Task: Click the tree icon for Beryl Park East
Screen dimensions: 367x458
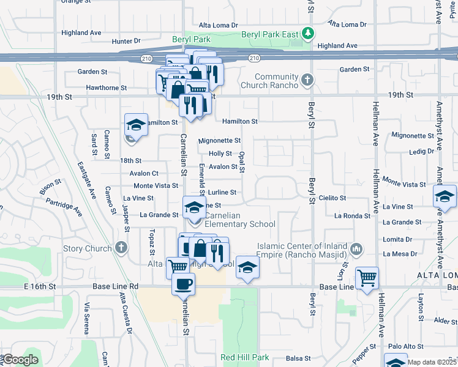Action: (310, 32)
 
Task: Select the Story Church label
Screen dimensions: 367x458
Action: (88, 248)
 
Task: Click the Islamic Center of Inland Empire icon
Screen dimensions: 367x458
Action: (357, 249)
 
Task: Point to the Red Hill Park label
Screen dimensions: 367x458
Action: (245, 357)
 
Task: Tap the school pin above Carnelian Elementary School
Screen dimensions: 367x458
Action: (194, 206)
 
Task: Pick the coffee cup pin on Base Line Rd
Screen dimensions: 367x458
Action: (183, 283)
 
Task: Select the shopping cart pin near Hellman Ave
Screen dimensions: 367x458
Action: (367, 278)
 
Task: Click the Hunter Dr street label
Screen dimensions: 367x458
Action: (126, 41)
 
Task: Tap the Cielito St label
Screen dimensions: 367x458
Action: (333, 198)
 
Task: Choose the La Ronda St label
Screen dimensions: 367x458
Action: (350, 216)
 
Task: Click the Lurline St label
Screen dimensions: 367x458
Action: (222, 192)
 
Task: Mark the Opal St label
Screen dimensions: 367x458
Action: (243, 163)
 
